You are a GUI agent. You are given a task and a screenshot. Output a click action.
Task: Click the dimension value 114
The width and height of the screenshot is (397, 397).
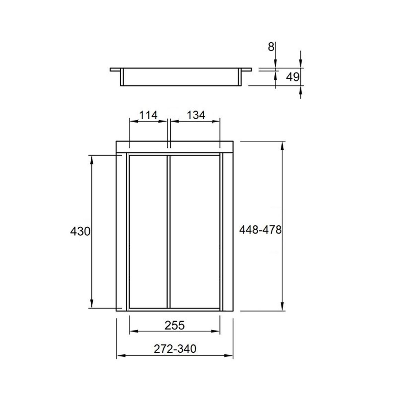coord(148,115)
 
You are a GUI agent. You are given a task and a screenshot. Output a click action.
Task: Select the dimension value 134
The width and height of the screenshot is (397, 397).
coord(196,115)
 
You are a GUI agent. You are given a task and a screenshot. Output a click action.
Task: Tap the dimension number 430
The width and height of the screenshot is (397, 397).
coord(80,231)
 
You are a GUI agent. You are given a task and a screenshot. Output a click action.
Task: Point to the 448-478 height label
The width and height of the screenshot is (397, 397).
coord(260,230)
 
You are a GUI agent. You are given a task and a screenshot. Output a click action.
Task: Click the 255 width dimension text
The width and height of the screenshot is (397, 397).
coord(175,326)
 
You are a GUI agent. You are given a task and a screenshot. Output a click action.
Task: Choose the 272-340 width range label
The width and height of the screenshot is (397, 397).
coord(175,349)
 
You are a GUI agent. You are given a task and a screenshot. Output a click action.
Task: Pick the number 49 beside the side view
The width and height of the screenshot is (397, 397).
coord(293,77)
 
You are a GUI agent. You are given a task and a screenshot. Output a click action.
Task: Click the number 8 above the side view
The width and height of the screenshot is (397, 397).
coord(271,47)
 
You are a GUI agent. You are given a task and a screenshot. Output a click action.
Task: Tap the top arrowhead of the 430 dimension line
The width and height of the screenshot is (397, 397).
coord(92,159)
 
